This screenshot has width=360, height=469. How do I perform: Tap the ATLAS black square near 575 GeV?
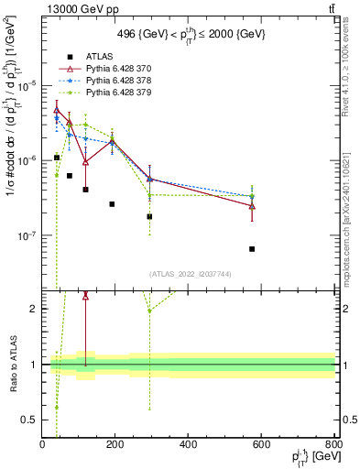pyautogui.click(x=252, y=248)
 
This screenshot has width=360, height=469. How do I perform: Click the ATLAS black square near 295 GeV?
pyautogui.click(x=149, y=217)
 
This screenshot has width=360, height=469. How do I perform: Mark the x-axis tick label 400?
pyautogui.click(x=188, y=444)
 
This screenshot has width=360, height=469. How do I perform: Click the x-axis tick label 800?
pyautogui.click(x=333, y=444)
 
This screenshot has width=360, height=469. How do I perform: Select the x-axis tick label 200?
pyautogui.click(x=115, y=444)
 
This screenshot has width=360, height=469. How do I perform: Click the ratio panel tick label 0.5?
pyautogui.click(x=31, y=420)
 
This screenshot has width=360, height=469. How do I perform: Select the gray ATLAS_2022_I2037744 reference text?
pyautogui.click(x=189, y=273)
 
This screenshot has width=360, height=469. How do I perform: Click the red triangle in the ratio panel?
pyautogui.click(x=85, y=296)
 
